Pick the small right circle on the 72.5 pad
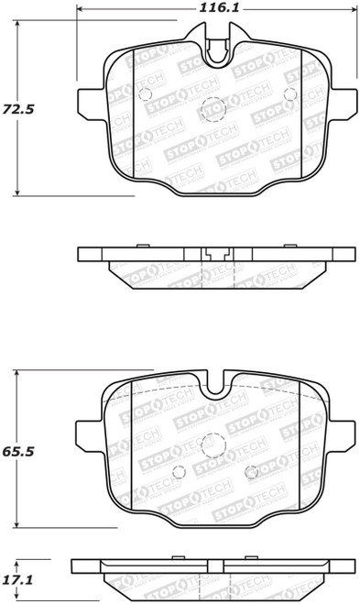(289, 93)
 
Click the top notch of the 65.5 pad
(215, 379)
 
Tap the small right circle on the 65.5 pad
(252, 472)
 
